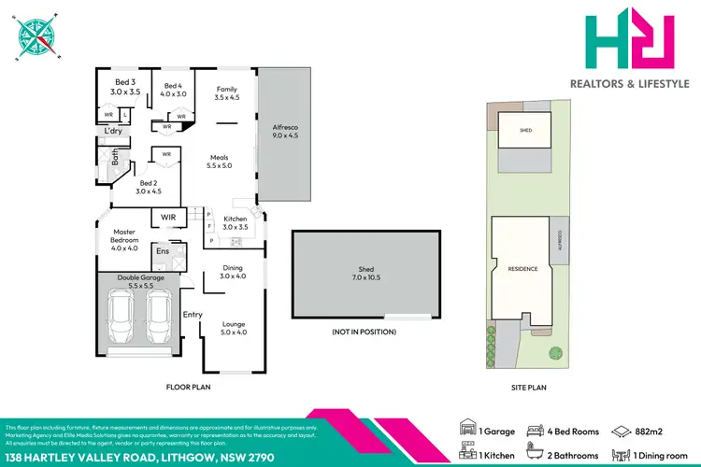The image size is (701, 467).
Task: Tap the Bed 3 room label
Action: pos(125,88)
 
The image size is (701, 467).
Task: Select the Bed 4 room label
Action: pos(174,89)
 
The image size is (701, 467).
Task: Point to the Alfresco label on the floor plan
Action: pos(285,131)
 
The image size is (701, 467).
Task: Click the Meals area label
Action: pos(219,161)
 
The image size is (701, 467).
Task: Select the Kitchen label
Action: pos(235,222)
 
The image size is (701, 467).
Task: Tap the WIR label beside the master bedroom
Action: pos(168,218)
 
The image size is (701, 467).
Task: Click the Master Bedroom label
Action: pos(125,239)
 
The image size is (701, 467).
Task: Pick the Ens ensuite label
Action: pos(162,250)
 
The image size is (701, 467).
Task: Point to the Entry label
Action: pos(193,315)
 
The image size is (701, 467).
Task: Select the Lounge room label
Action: pos(233,328)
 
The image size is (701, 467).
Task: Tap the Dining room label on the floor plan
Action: pos(233,271)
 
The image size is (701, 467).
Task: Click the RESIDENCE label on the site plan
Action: pos(522,269)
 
